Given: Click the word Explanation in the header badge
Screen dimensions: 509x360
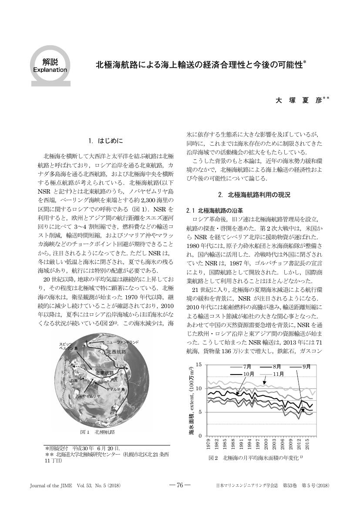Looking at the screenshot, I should coord(50,69).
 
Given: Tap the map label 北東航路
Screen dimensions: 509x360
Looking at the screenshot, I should coord(104,373).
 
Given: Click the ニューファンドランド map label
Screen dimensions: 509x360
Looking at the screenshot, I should coord(122,342).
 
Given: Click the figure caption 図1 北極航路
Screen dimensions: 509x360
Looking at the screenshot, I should coord(98,432).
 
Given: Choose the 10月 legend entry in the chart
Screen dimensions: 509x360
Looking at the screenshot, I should coord(249,374).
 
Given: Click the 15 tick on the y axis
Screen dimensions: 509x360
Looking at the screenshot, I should coord(199,364).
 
